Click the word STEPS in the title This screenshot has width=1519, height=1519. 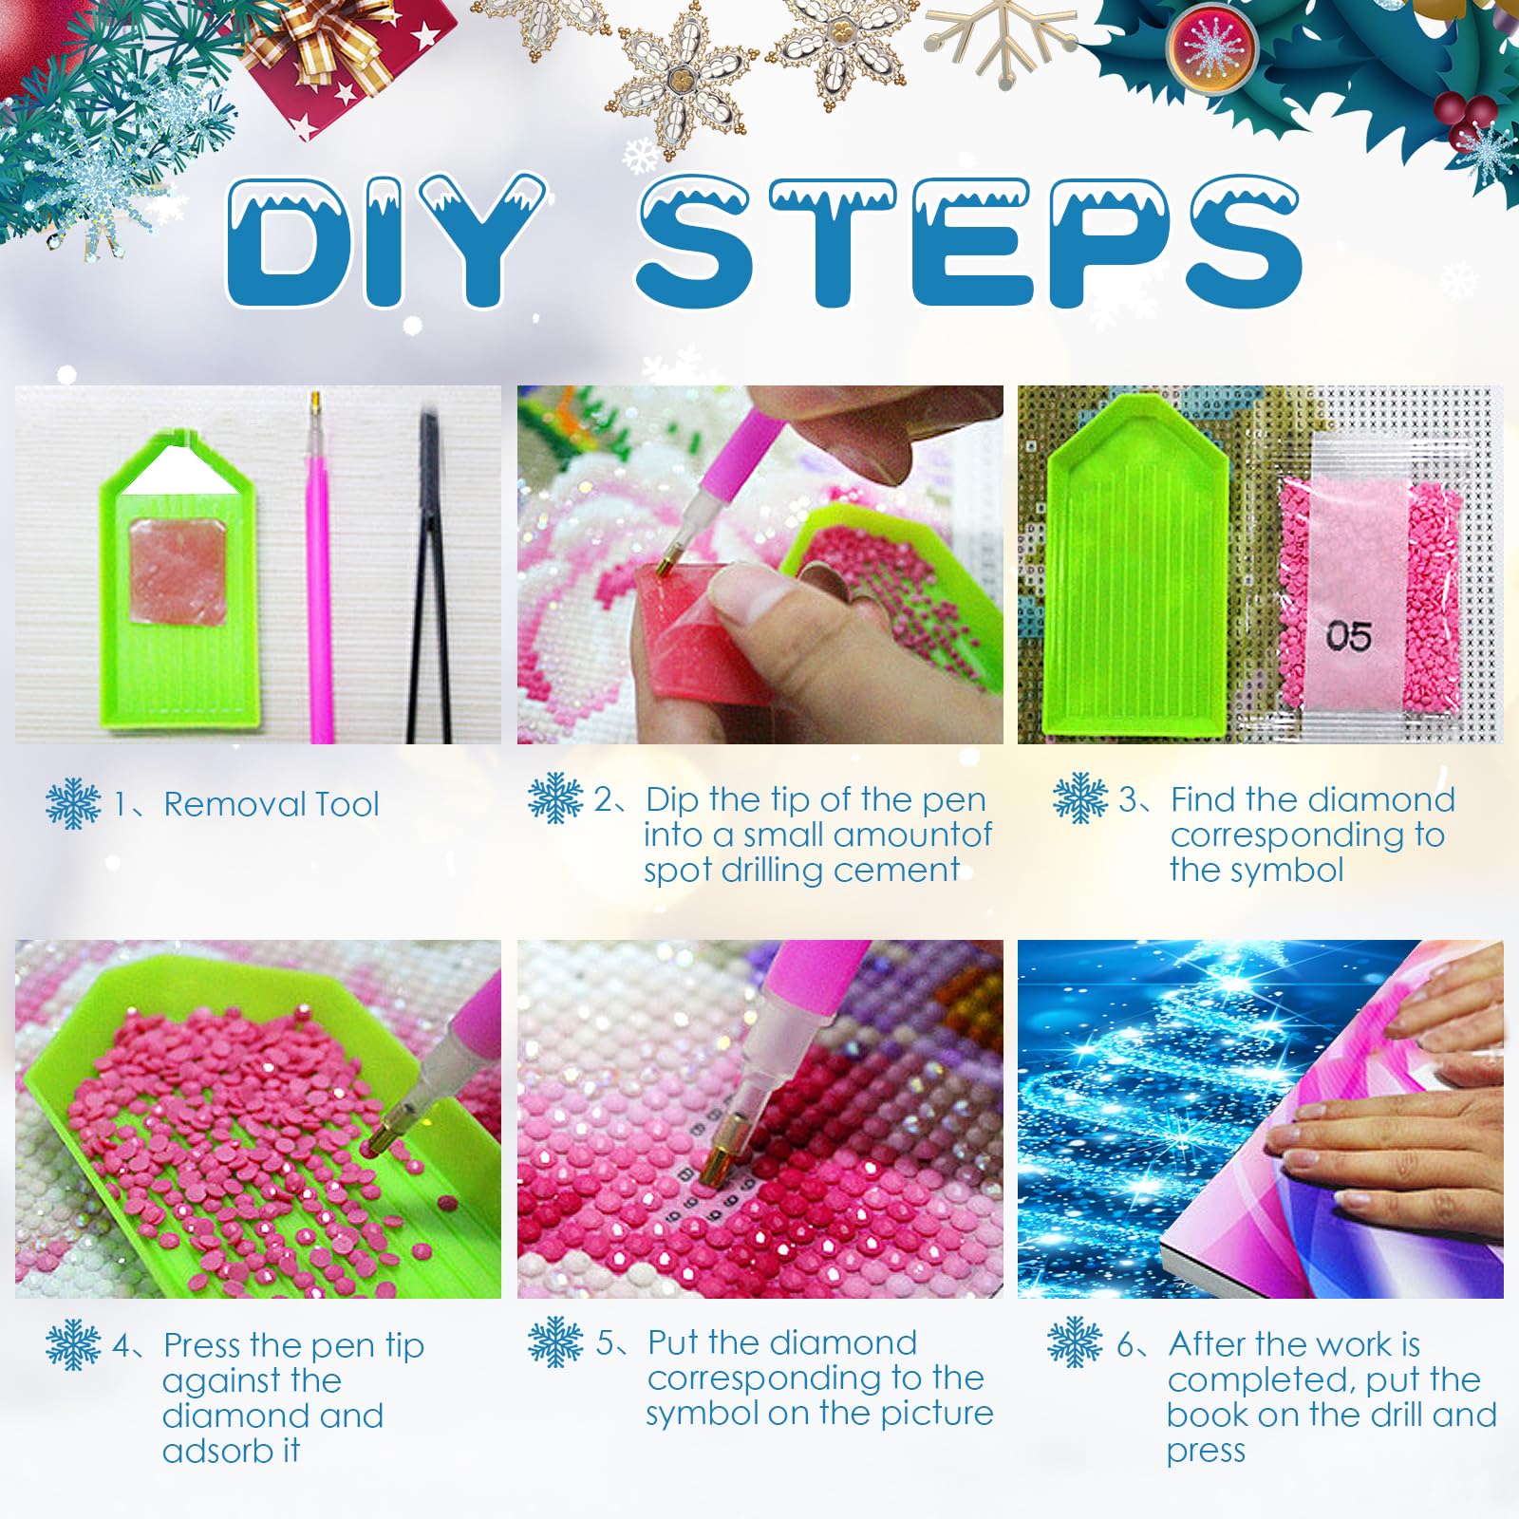[968, 241]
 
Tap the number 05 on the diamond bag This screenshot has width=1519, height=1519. [1348, 636]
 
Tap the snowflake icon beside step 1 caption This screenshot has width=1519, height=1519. [73, 803]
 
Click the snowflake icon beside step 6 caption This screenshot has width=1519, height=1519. [1075, 1342]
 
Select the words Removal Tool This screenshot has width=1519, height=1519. [272, 804]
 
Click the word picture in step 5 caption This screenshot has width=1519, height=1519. [937, 1414]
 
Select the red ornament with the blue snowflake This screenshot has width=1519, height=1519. [1211, 47]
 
